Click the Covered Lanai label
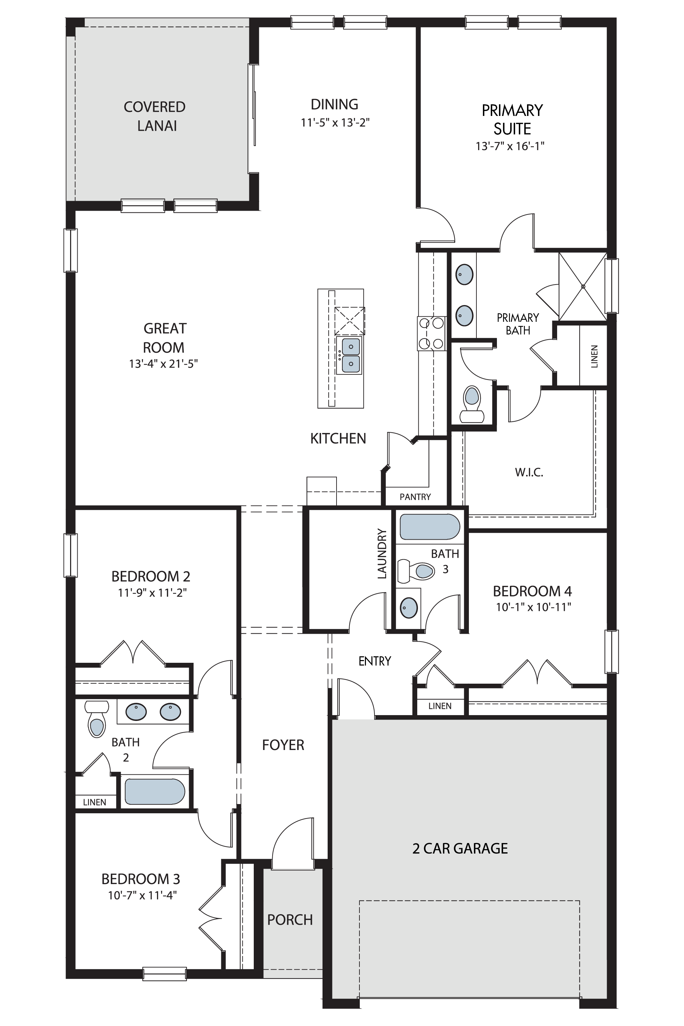155,116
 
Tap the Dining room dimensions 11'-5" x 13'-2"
335,122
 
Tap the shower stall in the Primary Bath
583,286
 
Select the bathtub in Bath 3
430,527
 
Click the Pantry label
415,497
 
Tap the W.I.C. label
529,472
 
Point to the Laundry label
382,554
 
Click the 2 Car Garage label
460,857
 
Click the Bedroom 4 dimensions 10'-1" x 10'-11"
534,607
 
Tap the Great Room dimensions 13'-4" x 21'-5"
163,363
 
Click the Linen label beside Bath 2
94,802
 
